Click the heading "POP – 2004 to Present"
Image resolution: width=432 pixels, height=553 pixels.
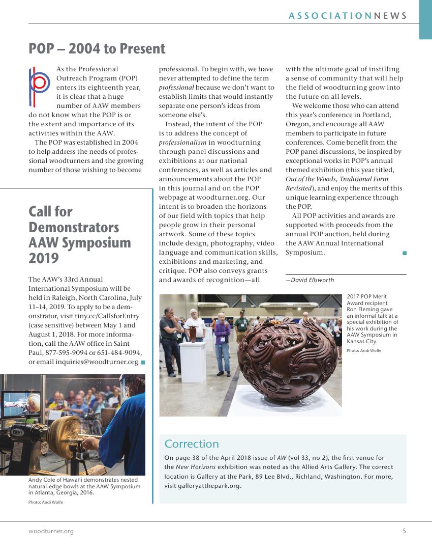97,48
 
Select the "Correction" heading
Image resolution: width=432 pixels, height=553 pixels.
192,444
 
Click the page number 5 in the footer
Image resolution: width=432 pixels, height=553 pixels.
404,531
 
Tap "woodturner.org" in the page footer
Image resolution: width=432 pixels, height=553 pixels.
51,531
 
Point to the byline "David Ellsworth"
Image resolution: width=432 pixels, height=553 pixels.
311,280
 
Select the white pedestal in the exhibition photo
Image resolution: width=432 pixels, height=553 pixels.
193,361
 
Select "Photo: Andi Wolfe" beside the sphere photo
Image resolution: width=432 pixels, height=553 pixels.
364,350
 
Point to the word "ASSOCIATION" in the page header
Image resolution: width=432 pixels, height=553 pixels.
330,16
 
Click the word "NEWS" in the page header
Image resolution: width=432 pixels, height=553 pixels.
390,16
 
